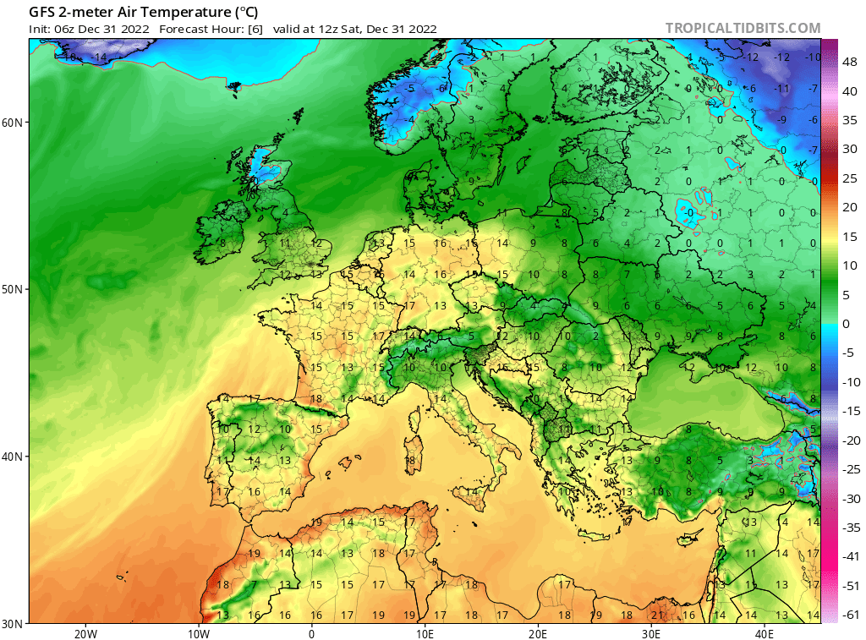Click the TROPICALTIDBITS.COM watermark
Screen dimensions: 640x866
[743, 28]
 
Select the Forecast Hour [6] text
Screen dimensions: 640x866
[211, 29]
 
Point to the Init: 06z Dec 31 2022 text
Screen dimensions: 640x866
[90, 29]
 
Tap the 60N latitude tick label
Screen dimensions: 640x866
[13, 122]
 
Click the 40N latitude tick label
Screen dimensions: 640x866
[13, 457]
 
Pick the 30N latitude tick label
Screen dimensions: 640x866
[13, 623]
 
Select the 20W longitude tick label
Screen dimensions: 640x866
[85, 633]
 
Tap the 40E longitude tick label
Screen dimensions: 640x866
[765, 633]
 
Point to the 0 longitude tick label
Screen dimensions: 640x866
[311, 633]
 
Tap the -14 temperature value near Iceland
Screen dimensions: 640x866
[101, 57]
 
